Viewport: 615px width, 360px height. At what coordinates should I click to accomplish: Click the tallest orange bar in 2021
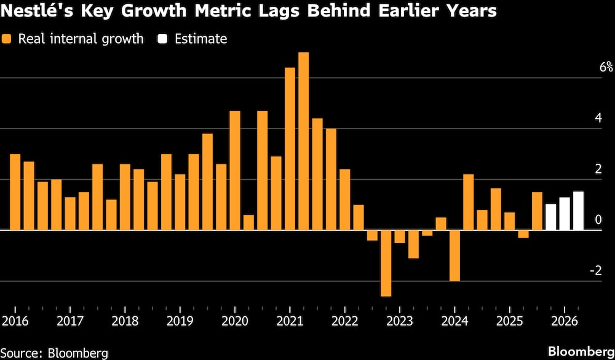[303, 142]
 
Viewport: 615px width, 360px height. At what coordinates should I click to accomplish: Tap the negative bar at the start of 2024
[454, 255]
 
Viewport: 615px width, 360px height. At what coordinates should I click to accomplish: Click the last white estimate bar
[578, 211]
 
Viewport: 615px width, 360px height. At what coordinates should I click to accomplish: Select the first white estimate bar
[550, 217]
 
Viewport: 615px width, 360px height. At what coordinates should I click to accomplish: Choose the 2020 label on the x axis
[234, 321]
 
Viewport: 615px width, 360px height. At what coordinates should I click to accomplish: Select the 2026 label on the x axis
[564, 321]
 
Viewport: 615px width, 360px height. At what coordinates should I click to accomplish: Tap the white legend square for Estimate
[163, 39]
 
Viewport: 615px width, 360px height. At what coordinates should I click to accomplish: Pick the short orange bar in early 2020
[248, 222]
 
